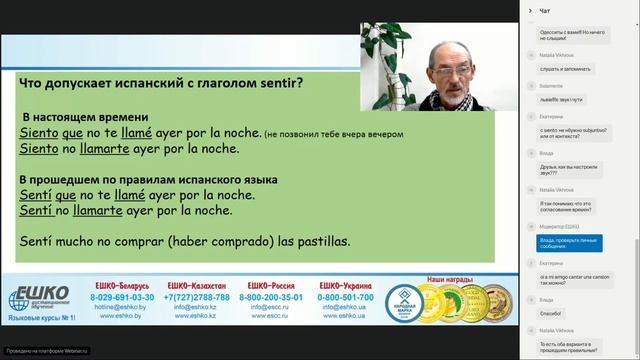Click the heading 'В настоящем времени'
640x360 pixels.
click(85, 116)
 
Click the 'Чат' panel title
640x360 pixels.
click(545, 10)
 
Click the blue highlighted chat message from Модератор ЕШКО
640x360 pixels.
click(576, 241)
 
